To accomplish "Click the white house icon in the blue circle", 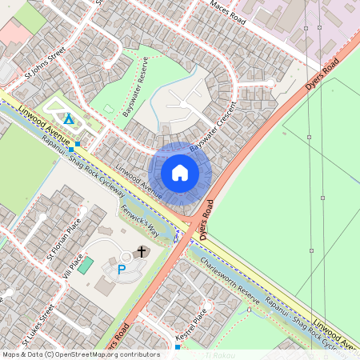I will click(x=180, y=173).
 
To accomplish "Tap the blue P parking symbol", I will click(x=122, y=270).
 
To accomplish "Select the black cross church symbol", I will click(x=142, y=252).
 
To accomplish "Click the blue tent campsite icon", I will click(x=69, y=120).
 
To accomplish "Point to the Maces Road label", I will click(x=230, y=16).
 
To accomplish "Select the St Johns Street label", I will click(x=45, y=66).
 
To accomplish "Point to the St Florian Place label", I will click(x=64, y=239).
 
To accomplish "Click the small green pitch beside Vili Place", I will click(x=85, y=264).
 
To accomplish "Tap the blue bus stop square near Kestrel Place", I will click(x=177, y=348).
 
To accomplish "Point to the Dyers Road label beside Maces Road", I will click(x=322, y=74).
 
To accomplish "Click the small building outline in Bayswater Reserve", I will click(x=109, y=108).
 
